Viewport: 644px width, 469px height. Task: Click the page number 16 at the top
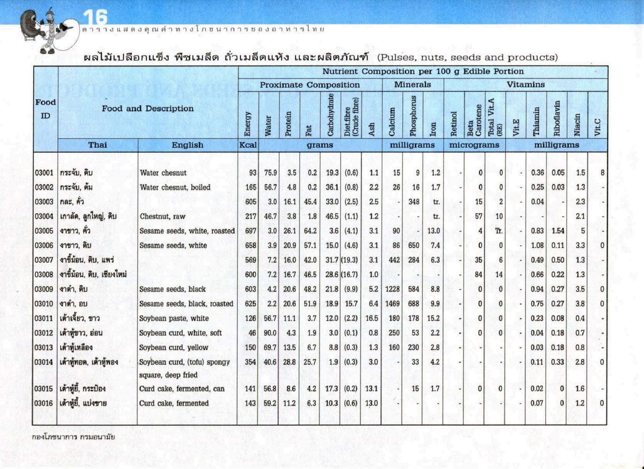tap(95, 17)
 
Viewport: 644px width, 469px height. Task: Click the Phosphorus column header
tap(413, 116)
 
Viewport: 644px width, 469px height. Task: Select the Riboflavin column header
tap(557, 118)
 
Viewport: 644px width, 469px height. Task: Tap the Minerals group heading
tap(413, 85)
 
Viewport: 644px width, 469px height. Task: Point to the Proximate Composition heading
tap(309, 85)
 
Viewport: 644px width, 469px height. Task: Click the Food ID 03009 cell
tap(44, 289)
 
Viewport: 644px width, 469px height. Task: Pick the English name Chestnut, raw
tap(162, 216)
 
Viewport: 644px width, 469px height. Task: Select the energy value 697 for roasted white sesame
tap(250, 231)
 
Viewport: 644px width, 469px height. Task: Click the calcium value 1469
tap(392, 304)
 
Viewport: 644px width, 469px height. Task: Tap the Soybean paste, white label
tap(174, 318)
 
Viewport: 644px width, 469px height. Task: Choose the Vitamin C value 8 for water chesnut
tap(602, 173)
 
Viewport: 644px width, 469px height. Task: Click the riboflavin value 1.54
tap(558, 231)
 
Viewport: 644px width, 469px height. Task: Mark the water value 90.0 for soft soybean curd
tap(270, 333)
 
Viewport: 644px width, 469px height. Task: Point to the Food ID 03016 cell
tap(44, 403)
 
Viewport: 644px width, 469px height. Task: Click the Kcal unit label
tap(248, 145)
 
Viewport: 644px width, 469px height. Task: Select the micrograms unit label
tap(474, 145)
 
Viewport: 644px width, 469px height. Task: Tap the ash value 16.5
tap(372, 318)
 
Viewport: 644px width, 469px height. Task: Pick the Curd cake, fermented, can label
tap(182, 389)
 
